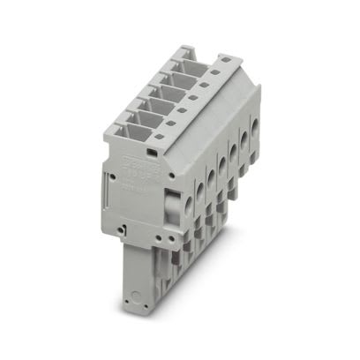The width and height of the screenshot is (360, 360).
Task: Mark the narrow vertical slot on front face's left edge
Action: click(112, 184)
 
